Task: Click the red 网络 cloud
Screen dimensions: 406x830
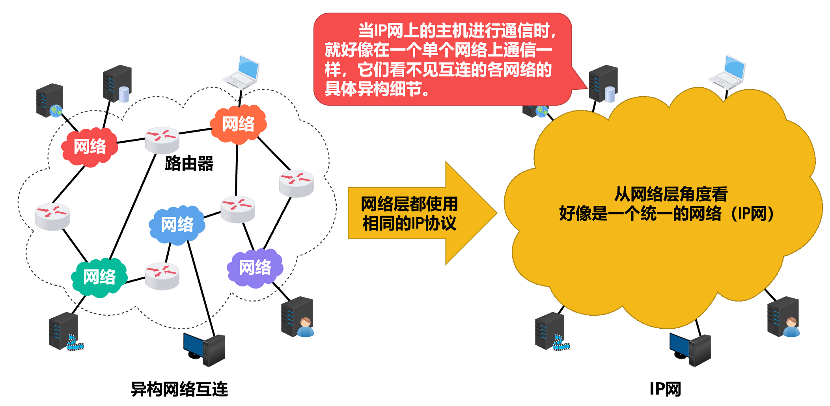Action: pyautogui.click(x=90, y=147)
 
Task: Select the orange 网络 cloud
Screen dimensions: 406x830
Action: pyautogui.click(x=238, y=124)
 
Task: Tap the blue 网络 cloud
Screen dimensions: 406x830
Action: pyautogui.click(x=177, y=225)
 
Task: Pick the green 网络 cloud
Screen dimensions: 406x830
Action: pyautogui.click(x=99, y=277)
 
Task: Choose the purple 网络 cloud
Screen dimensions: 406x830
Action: pyautogui.click(x=255, y=268)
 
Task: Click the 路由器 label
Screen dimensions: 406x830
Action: pyautogui.click(x=189, y=163)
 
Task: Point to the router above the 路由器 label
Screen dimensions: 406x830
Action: pyautogui.click(x=162, y=140)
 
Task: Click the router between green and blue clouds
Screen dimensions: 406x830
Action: pyautogui.click(x=162, y=276)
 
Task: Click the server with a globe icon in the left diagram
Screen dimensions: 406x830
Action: pyautogui.click(x=50, y=101)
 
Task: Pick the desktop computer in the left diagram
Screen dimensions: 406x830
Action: pyautogui.click(x=204, y=349)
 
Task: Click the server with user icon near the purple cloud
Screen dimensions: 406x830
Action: pyautogui.click(x=297, y=317)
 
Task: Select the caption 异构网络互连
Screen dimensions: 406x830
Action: pyautogui.click(x=179, y=389)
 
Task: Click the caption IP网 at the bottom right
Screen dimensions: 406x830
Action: pyautogui.click(x=665, y=389)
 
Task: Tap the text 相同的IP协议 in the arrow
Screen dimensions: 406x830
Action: pyautogui.click(x=409, y=223)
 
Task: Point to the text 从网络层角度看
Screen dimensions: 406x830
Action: pyautogui.click(x=671, y=194)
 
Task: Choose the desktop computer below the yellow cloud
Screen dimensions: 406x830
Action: pyautogui.click(x=690, y=349)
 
